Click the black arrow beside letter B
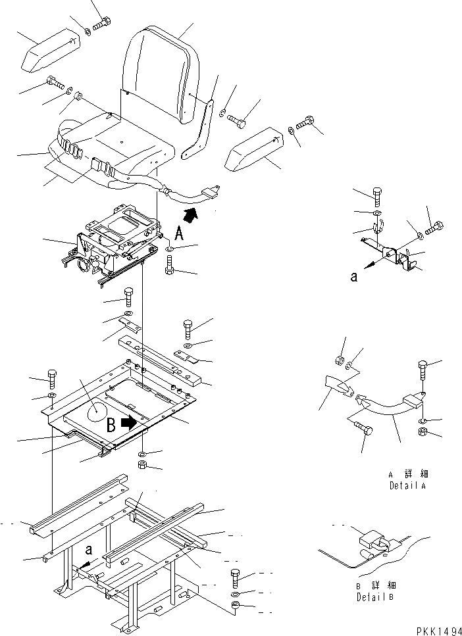135,421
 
